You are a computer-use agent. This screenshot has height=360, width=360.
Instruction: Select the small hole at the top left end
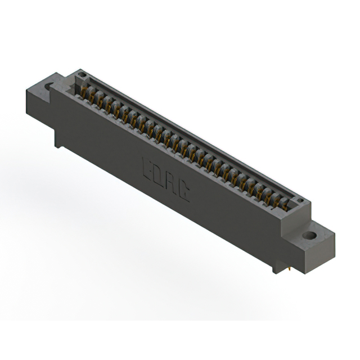[82, 74]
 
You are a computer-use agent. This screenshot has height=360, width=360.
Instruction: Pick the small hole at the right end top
[300, 200]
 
